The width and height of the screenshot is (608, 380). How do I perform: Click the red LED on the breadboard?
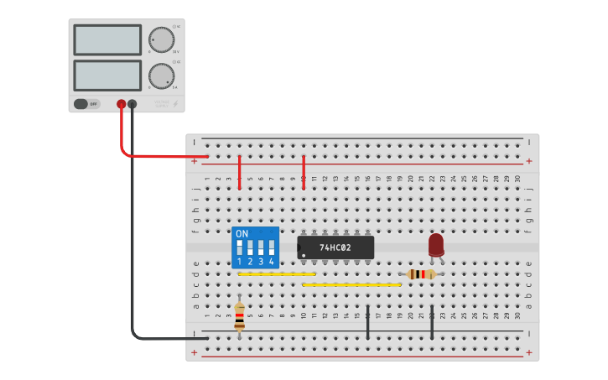[x=436, y=244]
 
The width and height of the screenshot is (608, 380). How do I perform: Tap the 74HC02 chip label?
[x=335, y=248]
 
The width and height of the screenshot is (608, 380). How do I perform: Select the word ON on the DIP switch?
[x=242, y=234]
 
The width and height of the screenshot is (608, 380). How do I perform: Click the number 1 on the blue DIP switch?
[x=240, y=263]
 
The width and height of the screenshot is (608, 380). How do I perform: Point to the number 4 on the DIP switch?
[x=271, y=263]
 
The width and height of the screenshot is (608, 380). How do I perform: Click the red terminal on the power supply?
[x=121, y=104]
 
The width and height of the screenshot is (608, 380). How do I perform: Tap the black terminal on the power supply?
[x=132, y=104]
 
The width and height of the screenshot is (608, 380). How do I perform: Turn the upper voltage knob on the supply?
[x=161, y=39]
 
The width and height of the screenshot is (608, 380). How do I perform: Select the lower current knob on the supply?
[x=161, y=76]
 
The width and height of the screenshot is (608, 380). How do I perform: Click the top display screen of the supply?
[x=107, y=39]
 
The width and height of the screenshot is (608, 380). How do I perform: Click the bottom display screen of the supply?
[x=107, y=75]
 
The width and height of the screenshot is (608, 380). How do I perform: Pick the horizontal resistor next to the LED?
[x=421, y=274]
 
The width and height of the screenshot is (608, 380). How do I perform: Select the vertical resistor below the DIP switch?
[x=240, y=317]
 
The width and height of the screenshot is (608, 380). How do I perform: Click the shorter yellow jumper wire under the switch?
[x=277, y=274]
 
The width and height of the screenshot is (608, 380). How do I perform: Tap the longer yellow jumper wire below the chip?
[x=351, y=285]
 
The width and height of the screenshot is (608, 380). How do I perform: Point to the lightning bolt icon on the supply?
[x=175, y=104]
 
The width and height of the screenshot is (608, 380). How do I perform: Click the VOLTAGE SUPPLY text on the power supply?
[x=161, y=104]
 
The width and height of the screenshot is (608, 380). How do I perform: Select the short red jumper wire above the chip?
[x=304, y=172]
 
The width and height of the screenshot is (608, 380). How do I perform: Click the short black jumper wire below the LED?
[x=432, y=322]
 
